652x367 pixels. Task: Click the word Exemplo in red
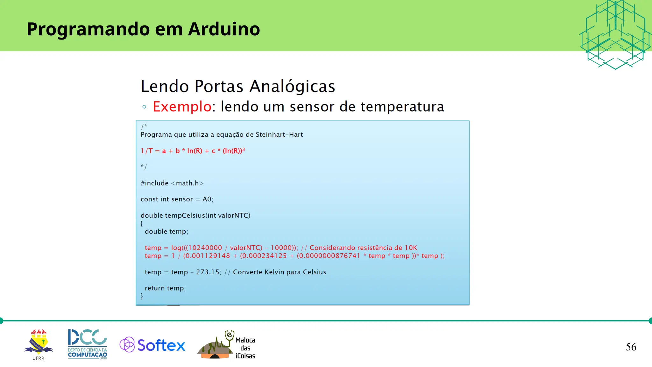182,106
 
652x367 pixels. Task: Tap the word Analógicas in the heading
292,86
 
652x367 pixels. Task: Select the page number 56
631,347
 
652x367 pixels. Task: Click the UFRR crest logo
39,343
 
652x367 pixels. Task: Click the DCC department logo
87,344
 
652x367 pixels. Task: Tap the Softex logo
152,345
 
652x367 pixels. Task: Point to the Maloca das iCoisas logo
227,346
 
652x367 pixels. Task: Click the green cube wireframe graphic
615,35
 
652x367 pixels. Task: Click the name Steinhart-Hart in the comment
279,135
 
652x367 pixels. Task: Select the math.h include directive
172,183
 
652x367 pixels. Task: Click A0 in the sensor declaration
207,199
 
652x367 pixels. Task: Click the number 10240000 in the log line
205,248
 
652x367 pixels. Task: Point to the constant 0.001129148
207,256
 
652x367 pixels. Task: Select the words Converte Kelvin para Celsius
280,272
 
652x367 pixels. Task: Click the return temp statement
165,288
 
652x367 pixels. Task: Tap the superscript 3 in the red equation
244,149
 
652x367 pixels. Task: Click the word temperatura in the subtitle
402,107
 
